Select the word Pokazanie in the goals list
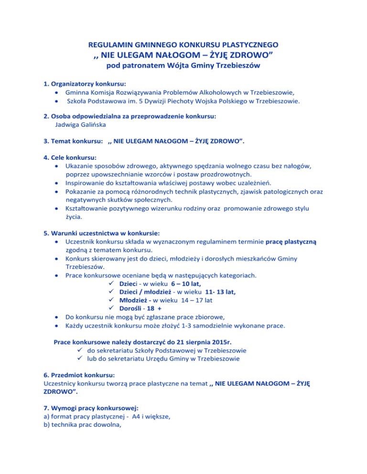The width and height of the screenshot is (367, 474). click(81, 192)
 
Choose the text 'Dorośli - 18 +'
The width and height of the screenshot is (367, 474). click(140, 310)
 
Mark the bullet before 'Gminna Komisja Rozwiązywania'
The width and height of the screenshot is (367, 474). click(57, 92)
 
